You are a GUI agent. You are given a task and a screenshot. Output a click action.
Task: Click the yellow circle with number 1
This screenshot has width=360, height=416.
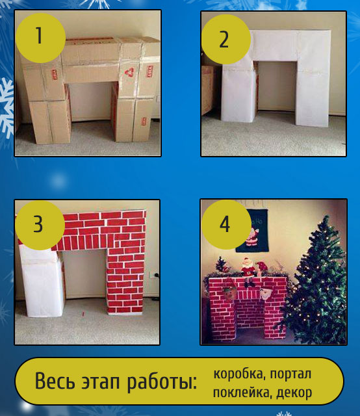pos(40,38)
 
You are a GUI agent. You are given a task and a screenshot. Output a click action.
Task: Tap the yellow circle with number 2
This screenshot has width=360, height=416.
pos(225,39)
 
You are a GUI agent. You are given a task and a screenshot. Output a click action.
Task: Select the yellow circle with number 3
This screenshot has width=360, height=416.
pos(40,225)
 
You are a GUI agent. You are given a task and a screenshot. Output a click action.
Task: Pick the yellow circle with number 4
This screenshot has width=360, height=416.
pos(226,224)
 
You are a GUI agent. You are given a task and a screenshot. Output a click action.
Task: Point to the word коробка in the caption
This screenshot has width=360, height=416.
pos(238,374)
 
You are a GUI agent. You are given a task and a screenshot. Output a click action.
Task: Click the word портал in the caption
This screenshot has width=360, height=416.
pos(290,374)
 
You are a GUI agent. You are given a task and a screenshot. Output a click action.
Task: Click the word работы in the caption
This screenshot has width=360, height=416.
pos(162,382)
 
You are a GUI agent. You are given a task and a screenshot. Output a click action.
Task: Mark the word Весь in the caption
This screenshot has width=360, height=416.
pos(55,381)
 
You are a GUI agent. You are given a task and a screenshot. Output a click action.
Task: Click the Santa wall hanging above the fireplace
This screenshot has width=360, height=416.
pos(252,231)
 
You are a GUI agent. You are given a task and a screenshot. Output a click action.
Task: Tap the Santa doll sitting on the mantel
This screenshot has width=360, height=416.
pos(249,271)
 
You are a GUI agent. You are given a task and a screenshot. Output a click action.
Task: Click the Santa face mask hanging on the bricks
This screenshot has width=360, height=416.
pos(266,293)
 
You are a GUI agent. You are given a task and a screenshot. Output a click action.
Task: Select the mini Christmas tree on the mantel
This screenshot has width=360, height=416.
pos(221,265)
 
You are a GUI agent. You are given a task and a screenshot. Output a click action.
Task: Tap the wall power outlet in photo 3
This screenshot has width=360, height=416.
pos(152,274)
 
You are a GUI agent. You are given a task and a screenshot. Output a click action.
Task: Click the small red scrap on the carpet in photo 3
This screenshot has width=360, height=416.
pos(83,314)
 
